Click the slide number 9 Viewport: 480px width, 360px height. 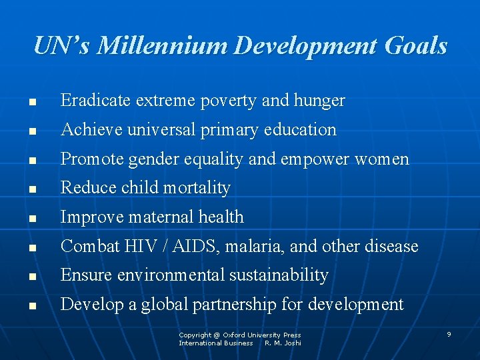tap(449, 334)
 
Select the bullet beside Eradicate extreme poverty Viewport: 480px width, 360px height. tap(32, 103)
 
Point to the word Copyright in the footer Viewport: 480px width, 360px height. tap(195, 335)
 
